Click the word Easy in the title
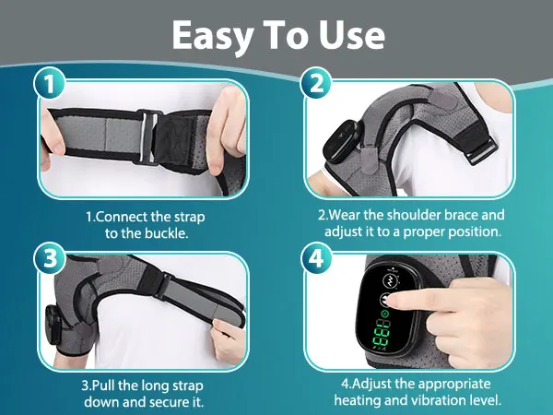(213, 36)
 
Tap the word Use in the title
(352, 35)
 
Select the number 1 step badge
(50, 84)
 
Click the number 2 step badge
(316, 83)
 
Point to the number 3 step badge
(50, 258)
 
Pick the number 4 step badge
(316, 258)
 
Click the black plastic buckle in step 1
(148, 137)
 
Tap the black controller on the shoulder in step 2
(340, 141)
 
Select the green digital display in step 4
(381, 333)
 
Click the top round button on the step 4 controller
(391, 281)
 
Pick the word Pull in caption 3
(104, 385)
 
